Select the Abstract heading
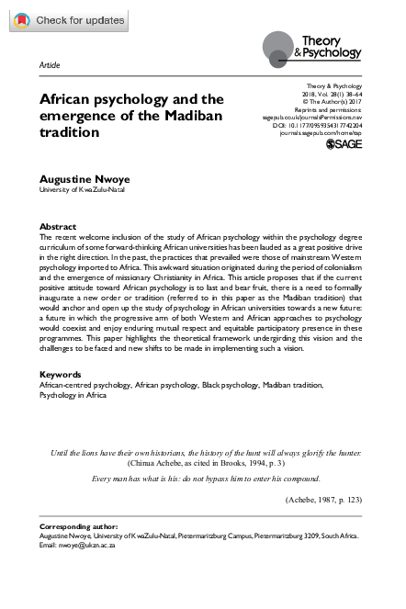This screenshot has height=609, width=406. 58,226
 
